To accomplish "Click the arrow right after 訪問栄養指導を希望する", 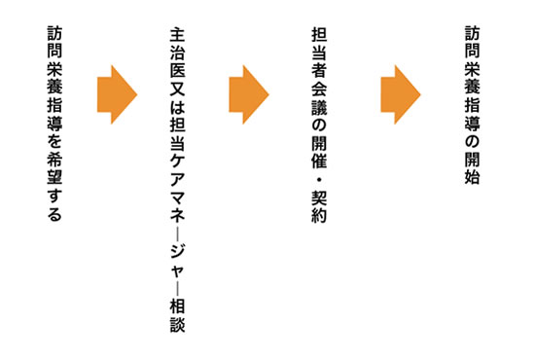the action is tap(118, 94).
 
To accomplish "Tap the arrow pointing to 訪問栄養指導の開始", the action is tap(400, 94).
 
